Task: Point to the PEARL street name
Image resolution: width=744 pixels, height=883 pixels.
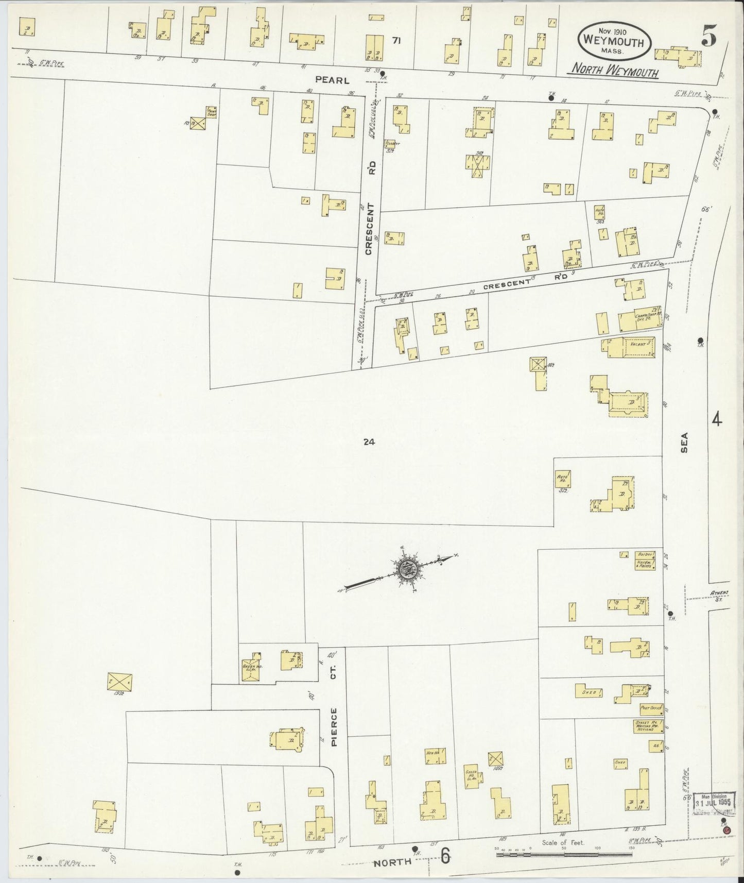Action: tap(332, 80)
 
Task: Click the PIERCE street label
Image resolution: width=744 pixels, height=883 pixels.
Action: tap(334, 727)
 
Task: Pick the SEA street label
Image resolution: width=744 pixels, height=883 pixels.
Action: tap(684, 442)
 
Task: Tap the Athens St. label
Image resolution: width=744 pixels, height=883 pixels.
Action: tap(716, 596)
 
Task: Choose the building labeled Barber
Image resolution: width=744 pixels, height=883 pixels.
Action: tap(645, 554)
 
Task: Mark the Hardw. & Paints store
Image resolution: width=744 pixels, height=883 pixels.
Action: tap(645, 564)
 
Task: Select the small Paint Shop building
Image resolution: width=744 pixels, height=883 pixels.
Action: tap(211, 112)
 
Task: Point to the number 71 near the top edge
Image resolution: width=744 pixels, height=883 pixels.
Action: tap(395, 41)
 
